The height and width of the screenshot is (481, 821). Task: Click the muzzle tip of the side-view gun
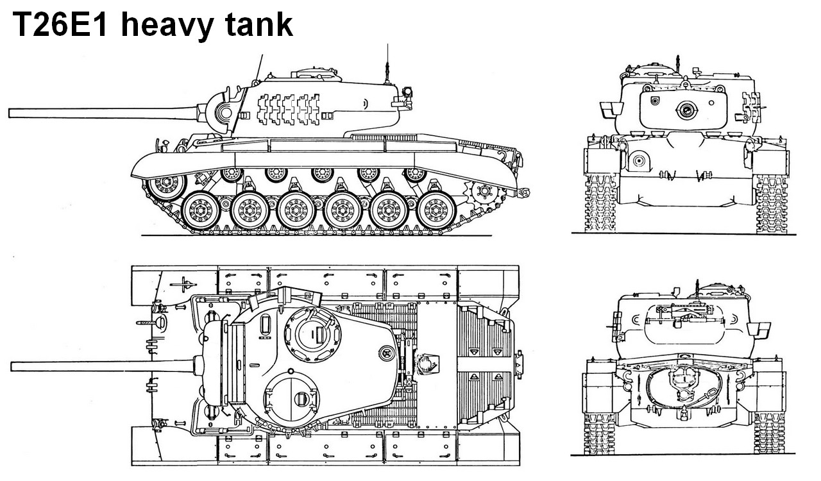tap(12, 113)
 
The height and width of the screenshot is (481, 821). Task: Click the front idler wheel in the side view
tap(157, 187)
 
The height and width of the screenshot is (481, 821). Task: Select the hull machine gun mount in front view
tap(638, 162)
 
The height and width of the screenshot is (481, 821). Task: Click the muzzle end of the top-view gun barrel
tap(13, 366)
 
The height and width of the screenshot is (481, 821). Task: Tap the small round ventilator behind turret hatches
tap(385, 351)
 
